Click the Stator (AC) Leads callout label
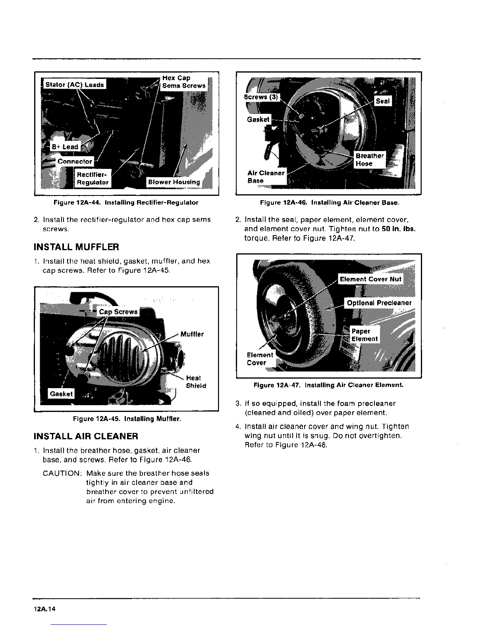(74, 84)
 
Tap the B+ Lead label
(65, 147)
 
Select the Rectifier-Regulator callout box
(93, 178)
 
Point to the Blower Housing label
(174, 182)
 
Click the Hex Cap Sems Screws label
(183, 82)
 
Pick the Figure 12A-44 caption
(126, 203)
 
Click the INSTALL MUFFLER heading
(76, 247)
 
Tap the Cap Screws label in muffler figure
(118, 312)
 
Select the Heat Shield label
(196, 382)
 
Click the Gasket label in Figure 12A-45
(61, 394)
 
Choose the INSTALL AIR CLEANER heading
(86, 437)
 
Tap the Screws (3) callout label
(261, 97)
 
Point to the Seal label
(383, 101)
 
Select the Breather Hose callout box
(369, 160)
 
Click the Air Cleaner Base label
(266, 177)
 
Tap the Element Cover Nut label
(370, 279)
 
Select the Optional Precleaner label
(379, 303)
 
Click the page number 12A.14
(45, 609)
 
